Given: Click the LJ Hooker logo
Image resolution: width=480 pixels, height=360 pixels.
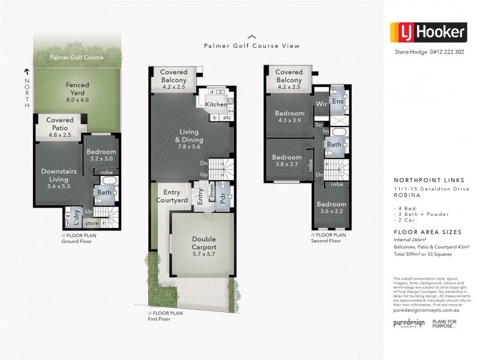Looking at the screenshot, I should (428, 31).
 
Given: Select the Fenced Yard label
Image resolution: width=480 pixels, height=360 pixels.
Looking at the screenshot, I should (77, 89).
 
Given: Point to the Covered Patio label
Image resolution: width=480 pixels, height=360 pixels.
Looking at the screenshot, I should (59, 124).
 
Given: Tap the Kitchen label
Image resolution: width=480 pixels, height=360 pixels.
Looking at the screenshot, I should (216, 104).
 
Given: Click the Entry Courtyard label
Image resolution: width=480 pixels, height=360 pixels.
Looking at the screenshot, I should (172, 196).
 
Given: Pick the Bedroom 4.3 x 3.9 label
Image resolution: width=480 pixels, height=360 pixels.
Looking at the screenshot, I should (290, 116).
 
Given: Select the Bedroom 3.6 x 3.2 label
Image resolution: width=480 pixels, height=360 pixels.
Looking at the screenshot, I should (332, 208).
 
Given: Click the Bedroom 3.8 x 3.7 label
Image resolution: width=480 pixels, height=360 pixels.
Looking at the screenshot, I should (286, 160).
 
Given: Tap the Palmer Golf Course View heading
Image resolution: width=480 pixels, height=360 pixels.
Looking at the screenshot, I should (251, 46).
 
